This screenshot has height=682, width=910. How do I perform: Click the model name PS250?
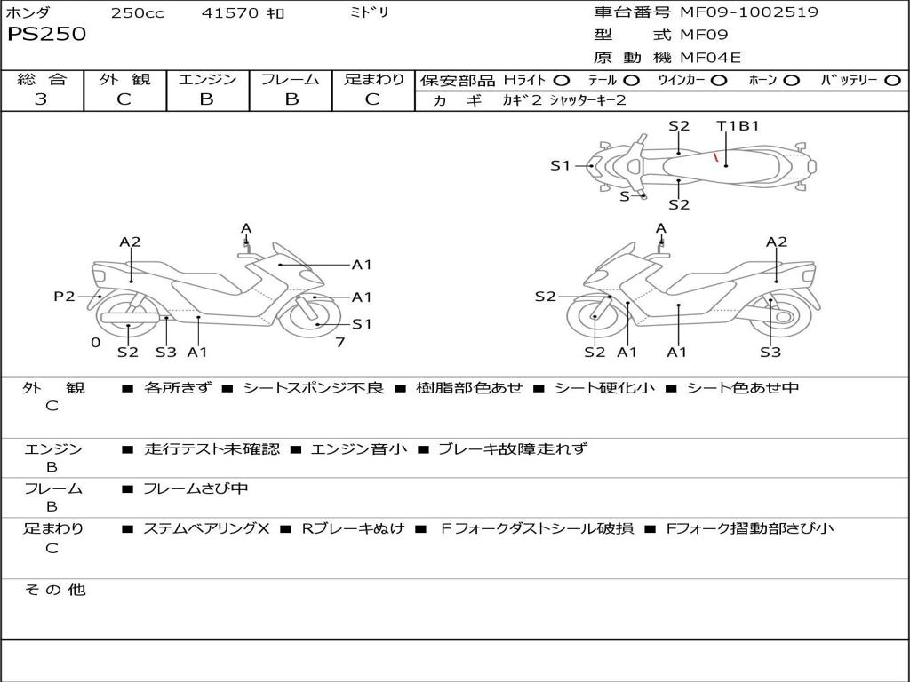tap(47, 35)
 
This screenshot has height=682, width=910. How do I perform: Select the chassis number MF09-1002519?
tap(749, 12)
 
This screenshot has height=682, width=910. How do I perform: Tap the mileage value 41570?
tap(231, 13)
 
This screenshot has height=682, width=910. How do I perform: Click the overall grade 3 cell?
tap(41, 99)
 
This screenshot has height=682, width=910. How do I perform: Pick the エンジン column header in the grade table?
tap(207, 79)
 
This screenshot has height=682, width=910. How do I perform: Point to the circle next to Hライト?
tap(563, 80)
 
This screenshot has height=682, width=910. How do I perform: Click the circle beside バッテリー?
tap(892, 80)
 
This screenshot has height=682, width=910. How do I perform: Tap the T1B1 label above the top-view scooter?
tap(738, 126)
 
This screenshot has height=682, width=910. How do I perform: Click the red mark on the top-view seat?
tap(715, 157)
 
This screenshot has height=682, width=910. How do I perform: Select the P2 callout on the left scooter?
tap(64, 297)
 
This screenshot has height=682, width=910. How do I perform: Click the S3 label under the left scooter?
tap(166, 352)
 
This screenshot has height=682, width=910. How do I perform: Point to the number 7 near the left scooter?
tap(339, 343)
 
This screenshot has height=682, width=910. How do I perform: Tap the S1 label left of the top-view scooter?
tap(560, 165)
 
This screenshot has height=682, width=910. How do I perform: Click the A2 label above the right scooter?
tap(777, 242)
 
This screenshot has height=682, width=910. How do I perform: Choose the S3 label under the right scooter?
tap(770, 352)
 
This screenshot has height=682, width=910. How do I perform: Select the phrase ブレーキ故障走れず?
tap(513, 449)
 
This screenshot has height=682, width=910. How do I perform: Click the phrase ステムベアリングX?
tap(206, 528)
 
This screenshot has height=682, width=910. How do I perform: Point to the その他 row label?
tap(54, 590)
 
